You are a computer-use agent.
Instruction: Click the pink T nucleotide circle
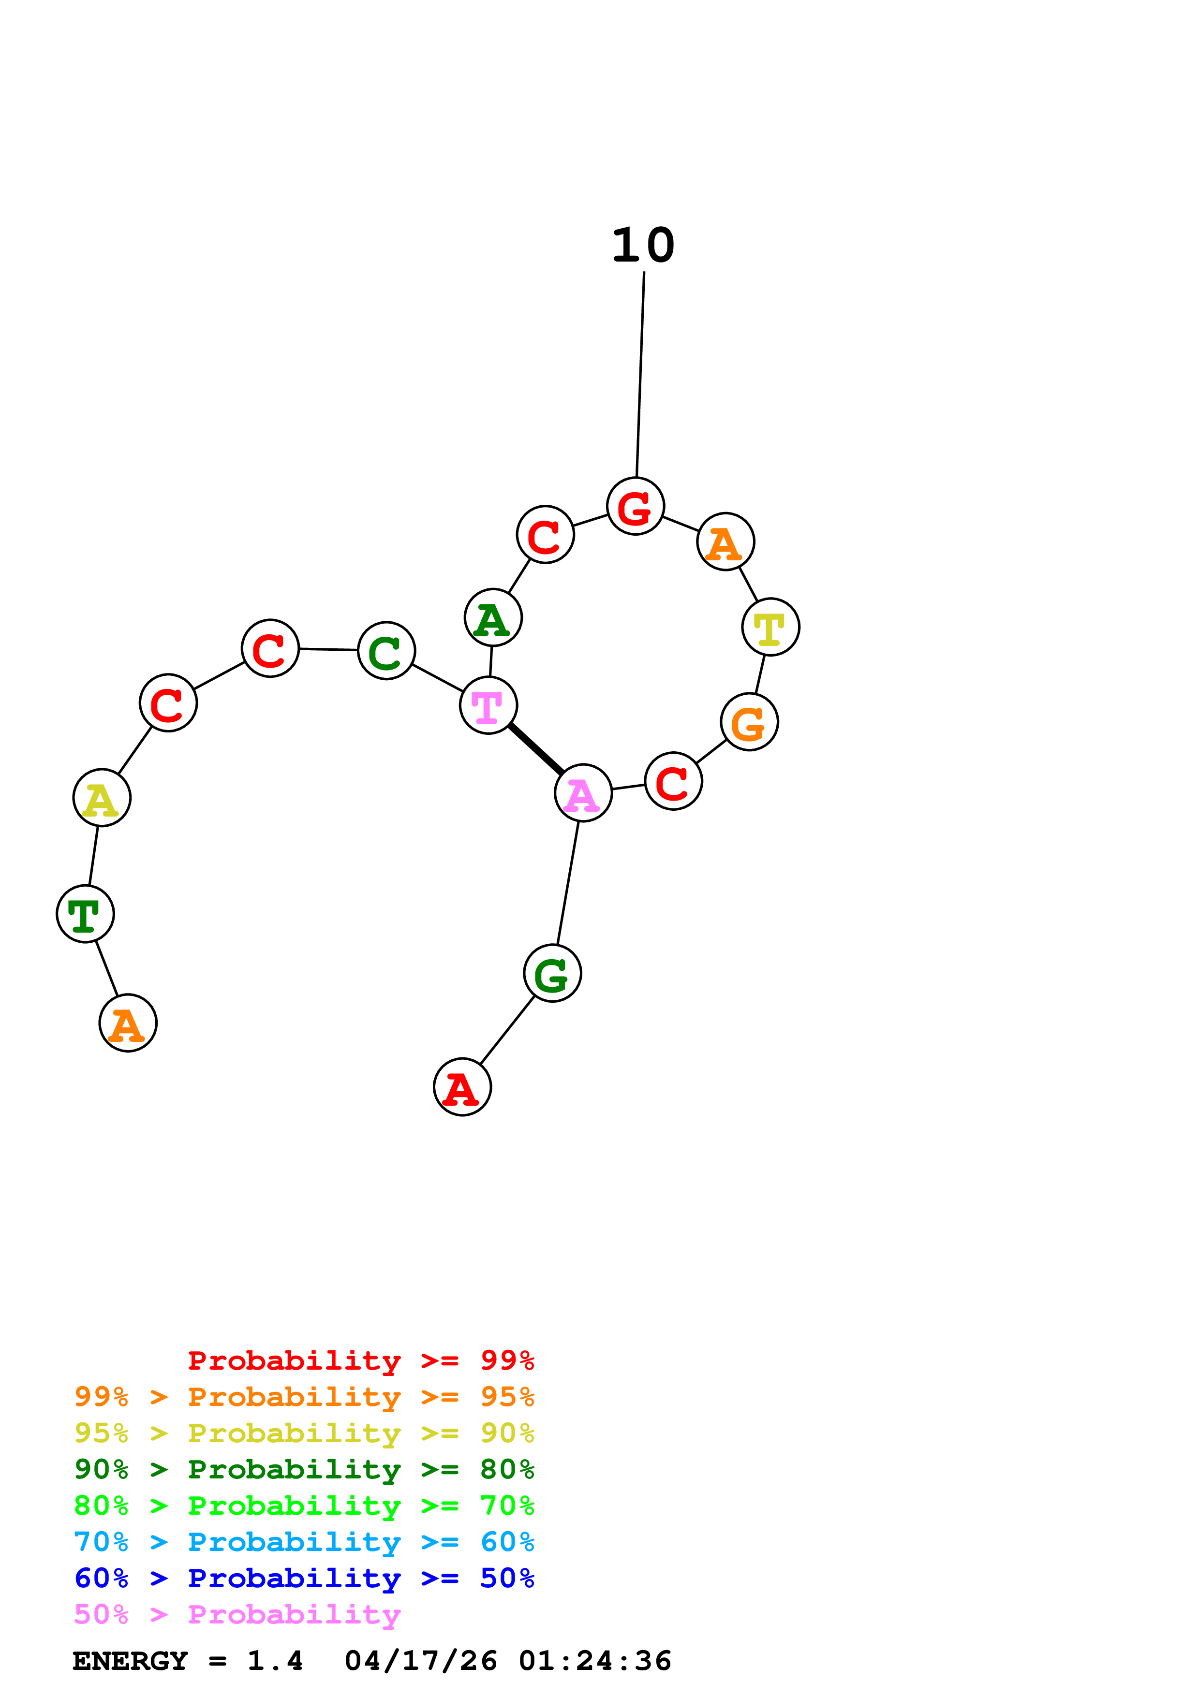tap(488, 705)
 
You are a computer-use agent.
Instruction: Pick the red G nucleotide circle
tap(636, 506)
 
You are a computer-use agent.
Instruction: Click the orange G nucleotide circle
tap(749, 722)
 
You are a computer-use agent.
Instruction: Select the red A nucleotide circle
tap(462, 1087)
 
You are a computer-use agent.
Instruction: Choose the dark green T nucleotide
tap(85, 914)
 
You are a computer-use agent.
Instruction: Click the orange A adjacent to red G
tap(725, 541)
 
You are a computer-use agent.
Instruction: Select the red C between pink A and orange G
tap(673, 781)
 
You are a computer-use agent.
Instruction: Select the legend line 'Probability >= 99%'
tap(360, 1360)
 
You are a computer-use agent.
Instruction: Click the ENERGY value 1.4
tap(275, 1661)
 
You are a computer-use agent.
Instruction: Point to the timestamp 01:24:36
tap(595, 1661)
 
